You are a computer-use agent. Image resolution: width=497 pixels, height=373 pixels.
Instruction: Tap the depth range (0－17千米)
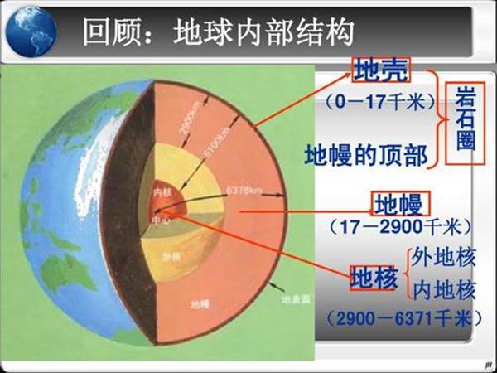pyautogui.click(x=380, y=103)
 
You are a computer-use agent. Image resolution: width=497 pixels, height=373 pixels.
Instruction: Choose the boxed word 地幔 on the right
pyautogui.click(x=398, y=202)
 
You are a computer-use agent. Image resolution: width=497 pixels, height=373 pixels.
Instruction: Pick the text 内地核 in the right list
pyautogui.click(x=445, y=290)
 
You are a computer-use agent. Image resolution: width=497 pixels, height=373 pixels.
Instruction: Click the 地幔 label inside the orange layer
pyautogui.click(x=200, y=304)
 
